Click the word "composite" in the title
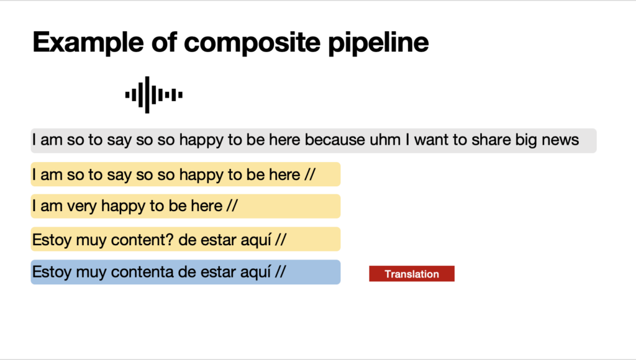coord(252,43)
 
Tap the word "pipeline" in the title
coord(378,43)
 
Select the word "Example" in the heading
coord(88,43)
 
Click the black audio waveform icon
coord(154,95)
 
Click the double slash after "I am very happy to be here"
coord(232,205)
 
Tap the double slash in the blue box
coord(280,272)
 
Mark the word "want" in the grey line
coord(432,140)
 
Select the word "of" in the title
coord(164,43)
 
